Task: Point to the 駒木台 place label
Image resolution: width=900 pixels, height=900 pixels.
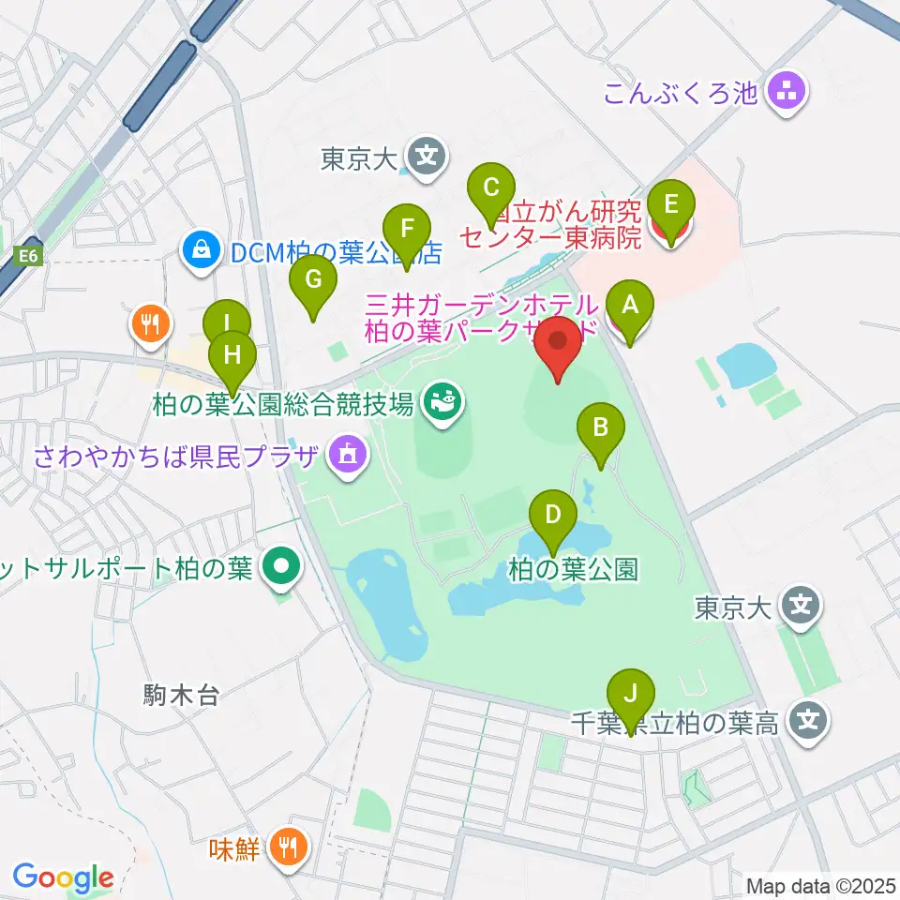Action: [x=181, y=695]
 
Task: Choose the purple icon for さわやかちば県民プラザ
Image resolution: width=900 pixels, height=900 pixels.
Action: [x=347, y=457]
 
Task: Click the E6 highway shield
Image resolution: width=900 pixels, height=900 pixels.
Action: [x=28, y=254]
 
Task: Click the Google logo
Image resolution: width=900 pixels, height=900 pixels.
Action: [x=63, y=877]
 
